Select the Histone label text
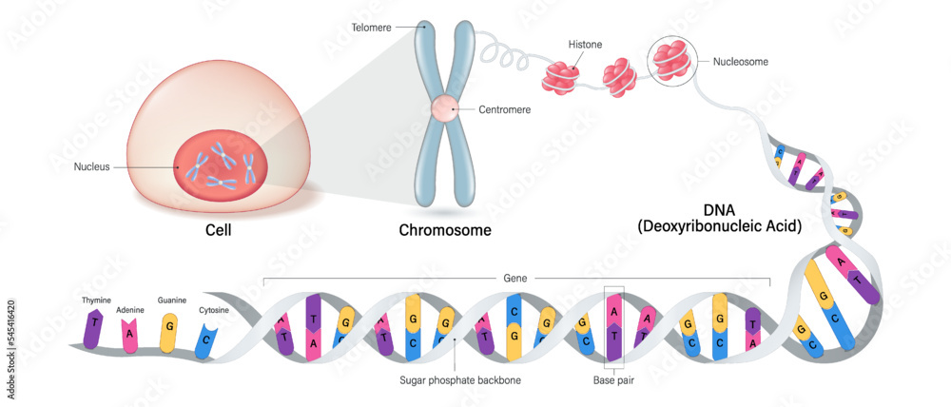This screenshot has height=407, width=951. point(584,45)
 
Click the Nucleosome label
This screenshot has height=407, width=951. point(741,62)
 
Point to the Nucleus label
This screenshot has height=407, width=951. point(92,167)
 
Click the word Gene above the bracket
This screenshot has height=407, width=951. point(516,278)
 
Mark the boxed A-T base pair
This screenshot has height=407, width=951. point(613,326)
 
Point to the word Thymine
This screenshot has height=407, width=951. point(96,300)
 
